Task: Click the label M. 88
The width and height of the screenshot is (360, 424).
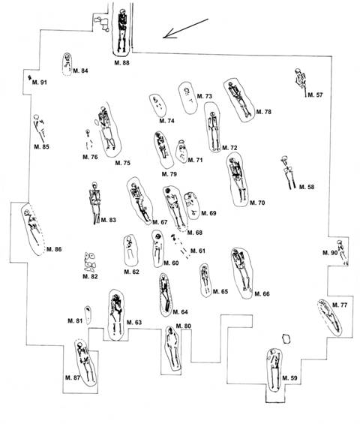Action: [x=121, y=63]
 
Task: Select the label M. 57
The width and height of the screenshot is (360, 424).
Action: [x=315, y=95]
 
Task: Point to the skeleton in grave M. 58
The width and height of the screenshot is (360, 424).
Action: [x=288, y=173]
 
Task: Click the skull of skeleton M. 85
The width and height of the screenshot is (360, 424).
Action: [x=37, y=117]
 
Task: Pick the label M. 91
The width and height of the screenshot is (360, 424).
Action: [x=40, y=83]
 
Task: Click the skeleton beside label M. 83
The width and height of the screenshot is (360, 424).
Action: [x=94, y=203]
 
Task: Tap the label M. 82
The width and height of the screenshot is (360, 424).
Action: [x=90, y=276]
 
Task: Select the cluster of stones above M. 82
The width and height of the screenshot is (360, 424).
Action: [x=90, y=262]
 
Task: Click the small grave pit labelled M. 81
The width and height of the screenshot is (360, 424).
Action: [x=88, y=315]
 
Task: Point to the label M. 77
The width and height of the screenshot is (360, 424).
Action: [x=340, y=305]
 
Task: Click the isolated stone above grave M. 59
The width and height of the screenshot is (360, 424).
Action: [x=286, y=338]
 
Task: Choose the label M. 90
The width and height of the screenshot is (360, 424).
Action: [x=330, y=253]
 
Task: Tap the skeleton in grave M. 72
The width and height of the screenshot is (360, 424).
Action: [x=214, y=131]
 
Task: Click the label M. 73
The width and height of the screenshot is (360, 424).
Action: [x=205, y=96]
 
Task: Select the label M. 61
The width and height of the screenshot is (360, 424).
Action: [x=198, y=251]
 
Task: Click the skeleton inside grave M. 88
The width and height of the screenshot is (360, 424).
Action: [x=122, y=30]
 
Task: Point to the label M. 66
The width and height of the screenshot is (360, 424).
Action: [x=262, y=293]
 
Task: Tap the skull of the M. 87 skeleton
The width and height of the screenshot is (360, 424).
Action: [x=79, y=346]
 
